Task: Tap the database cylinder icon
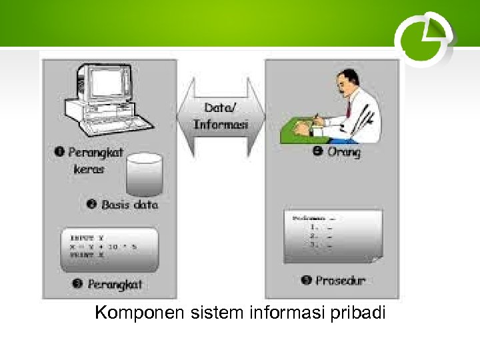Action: [x=144, y=175]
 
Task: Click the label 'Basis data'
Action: [x=128, y=205]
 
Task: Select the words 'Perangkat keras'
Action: [x=93, y=161]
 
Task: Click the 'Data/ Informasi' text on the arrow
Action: [x=221, y=116]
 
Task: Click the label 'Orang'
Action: [x=343, y=152]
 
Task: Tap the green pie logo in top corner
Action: [x=423, y=39]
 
